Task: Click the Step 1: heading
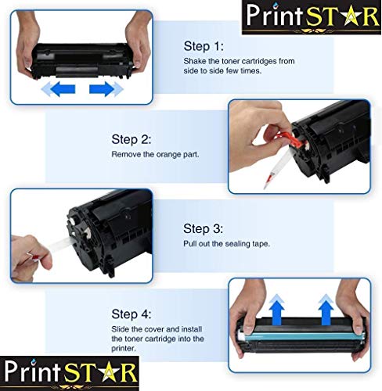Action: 204,46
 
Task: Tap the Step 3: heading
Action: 204,228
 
